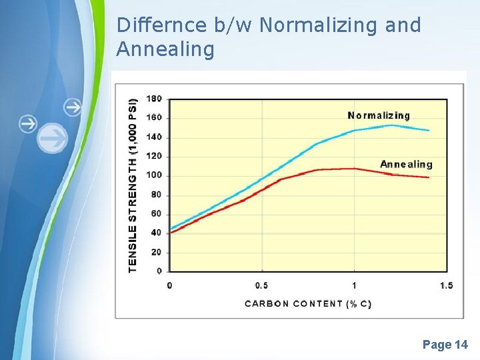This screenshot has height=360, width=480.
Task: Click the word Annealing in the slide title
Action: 165,49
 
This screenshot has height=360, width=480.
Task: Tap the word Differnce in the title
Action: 161,25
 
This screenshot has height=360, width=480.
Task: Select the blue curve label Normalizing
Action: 379,115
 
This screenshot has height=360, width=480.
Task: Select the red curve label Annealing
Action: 406,164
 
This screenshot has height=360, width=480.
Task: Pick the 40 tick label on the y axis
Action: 155,233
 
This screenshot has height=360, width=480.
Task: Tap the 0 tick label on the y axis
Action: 159,271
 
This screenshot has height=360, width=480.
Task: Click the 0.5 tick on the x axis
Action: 261,285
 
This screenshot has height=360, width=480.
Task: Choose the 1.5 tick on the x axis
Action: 446,285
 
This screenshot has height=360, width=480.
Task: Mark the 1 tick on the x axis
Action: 354,285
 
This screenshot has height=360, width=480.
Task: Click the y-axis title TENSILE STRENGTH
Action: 133,185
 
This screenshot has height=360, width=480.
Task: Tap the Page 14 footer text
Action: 445,345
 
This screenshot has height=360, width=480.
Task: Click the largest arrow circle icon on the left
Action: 52,139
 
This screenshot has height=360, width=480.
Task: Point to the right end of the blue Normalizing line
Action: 429,131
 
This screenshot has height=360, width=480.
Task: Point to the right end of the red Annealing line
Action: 429,177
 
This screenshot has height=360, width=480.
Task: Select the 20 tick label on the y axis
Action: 155,252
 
